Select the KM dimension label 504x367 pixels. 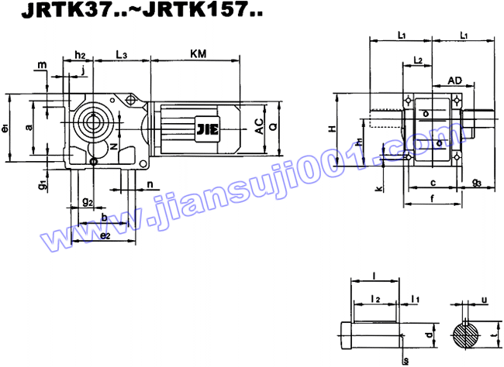tap(198, 53)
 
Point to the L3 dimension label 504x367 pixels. tap(122, 53)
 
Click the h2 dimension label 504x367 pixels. tap(80, 53)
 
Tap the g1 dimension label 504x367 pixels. tap(43, 184)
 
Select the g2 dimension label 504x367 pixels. tap(88, 202)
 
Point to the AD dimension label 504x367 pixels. tap(455, 80)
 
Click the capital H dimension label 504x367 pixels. tap(331, 128)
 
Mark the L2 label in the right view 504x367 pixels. tap(418, 60)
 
